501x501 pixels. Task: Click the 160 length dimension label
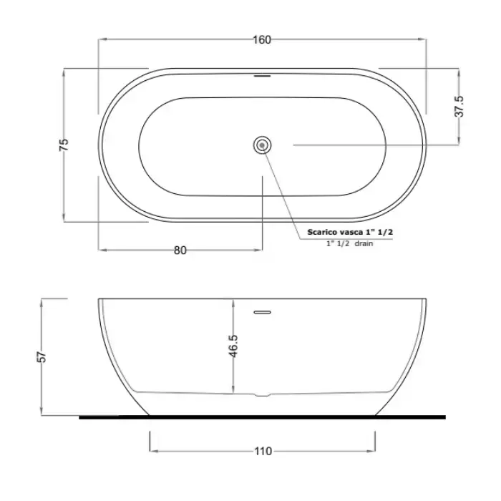(262, 39)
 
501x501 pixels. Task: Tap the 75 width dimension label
(64, 145)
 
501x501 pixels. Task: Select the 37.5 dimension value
(459, 107)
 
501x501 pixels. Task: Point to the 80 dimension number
(180, 250)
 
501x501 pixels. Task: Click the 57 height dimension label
(42, 357)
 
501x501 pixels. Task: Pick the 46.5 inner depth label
(233, 346)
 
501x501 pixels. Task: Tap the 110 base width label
(263, 451)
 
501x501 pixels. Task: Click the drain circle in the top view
(263, 145)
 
